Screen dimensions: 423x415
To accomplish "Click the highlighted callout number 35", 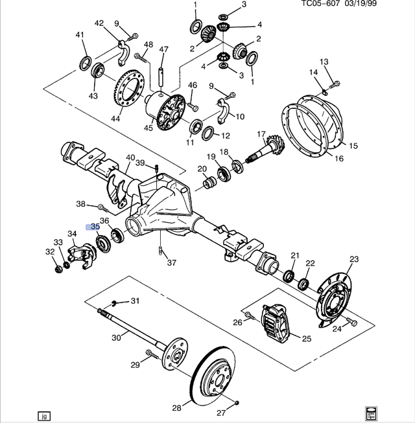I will [94, 227].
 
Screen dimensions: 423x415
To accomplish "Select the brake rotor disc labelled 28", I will [213, 378].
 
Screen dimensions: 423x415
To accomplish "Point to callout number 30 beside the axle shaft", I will [116, 337].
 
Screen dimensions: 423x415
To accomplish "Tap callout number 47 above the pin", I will [163, 50].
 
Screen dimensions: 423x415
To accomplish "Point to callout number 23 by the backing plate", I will [353, 260].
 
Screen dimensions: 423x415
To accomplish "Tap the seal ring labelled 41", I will [84, 62].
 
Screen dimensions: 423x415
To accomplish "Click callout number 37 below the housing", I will [171, 263].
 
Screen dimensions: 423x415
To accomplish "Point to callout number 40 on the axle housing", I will [130, 157].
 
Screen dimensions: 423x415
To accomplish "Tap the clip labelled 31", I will [114, 303].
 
